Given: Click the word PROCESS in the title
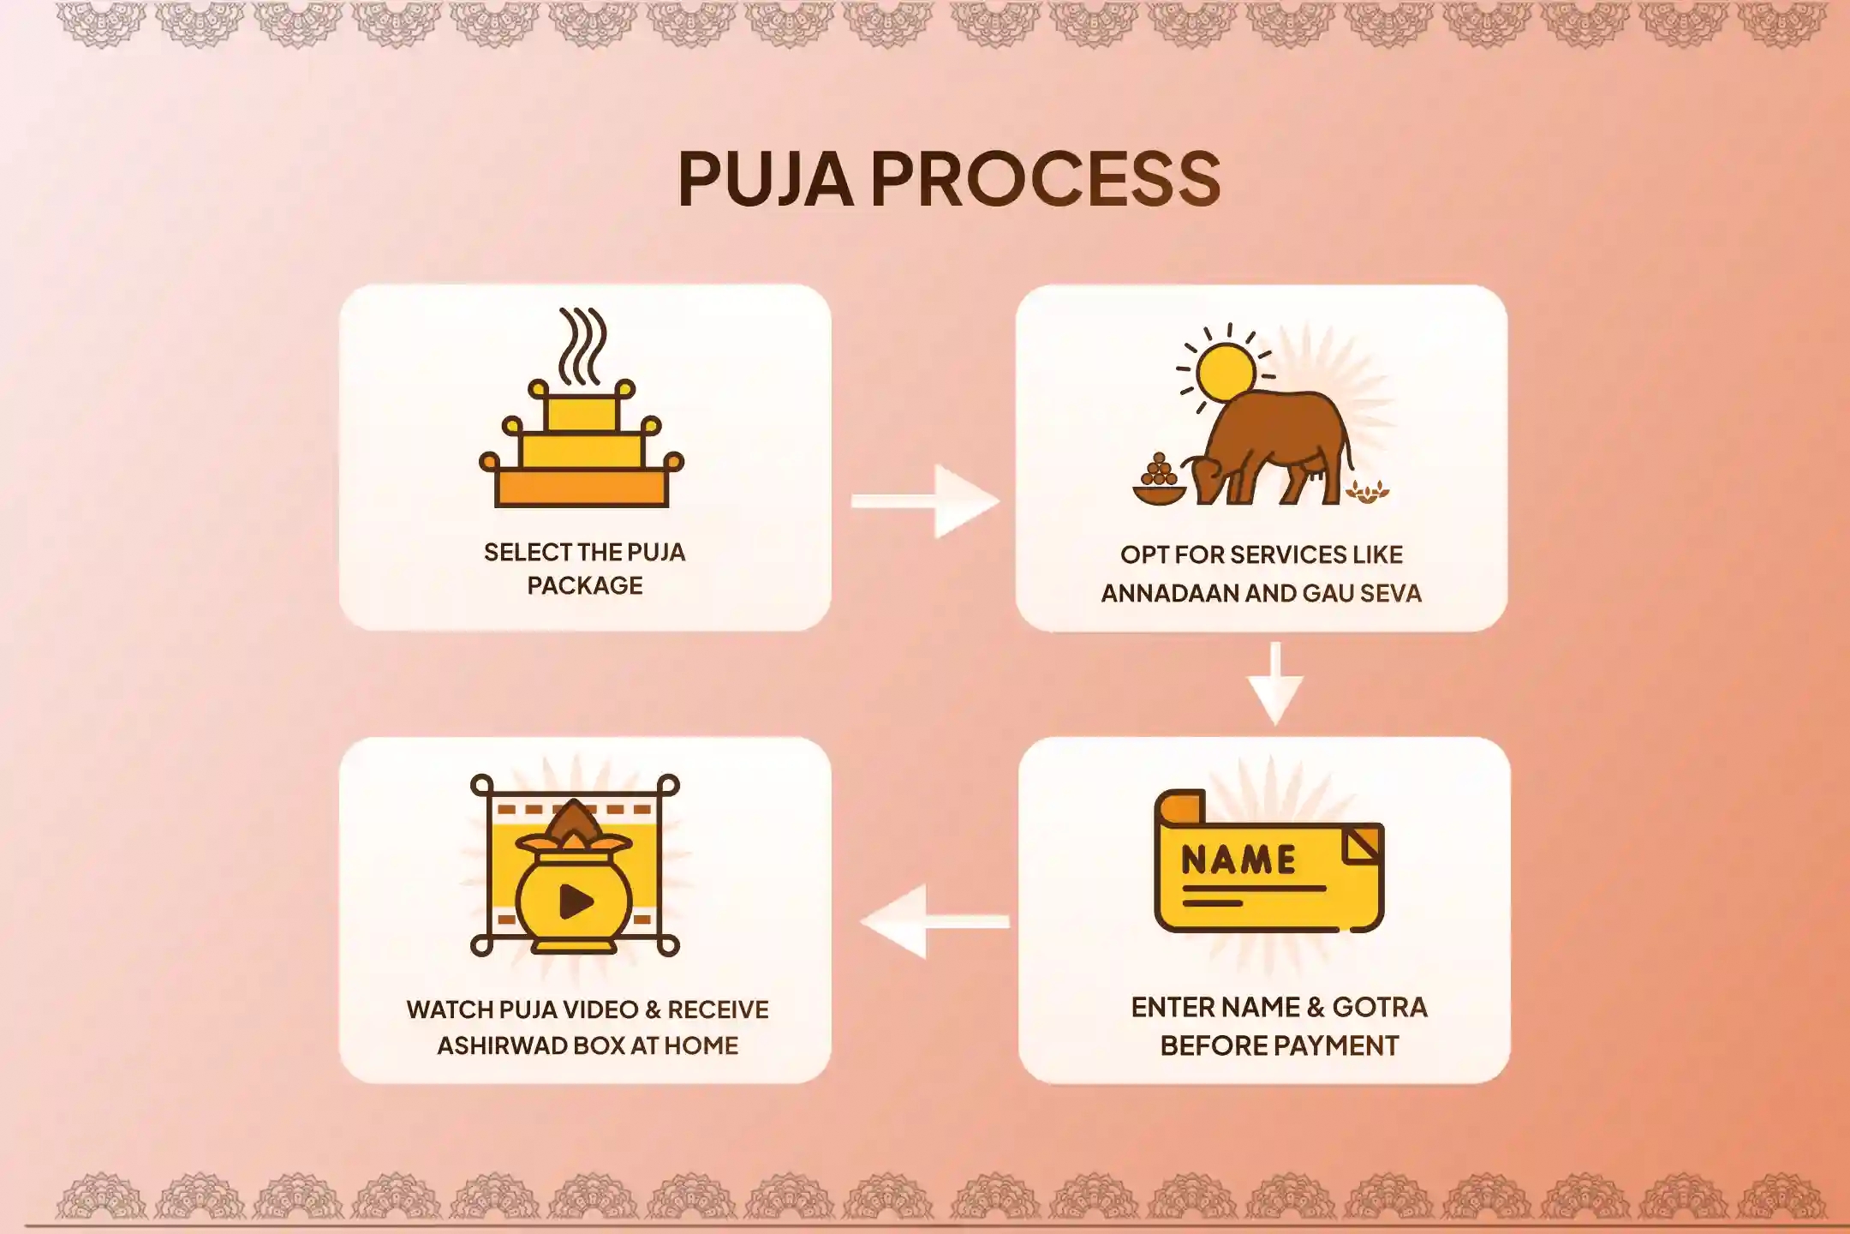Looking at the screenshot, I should click(x=1046, y=179).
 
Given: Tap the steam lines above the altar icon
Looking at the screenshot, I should click(x=582, y=345).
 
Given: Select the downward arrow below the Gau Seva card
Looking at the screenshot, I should click(x=1275, y=683).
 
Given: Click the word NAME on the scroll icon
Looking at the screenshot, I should click(x=1238, y=860).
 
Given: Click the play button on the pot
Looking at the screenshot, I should click(x=576, y=901).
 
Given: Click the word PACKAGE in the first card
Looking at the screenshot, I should click(x=585, y=586).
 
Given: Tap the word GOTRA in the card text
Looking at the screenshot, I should click(x=1380, y=1008).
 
